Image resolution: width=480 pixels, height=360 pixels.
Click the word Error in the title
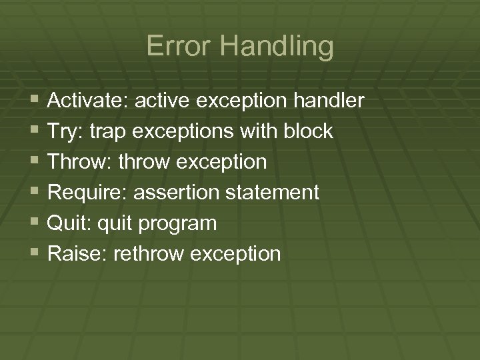[x=175, y=47]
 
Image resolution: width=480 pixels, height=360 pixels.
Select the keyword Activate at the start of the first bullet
[x=88, y=101]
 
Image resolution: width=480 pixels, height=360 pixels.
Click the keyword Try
[x=62, y=132]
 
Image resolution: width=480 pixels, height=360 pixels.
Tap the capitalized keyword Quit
[x=67, y=223]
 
